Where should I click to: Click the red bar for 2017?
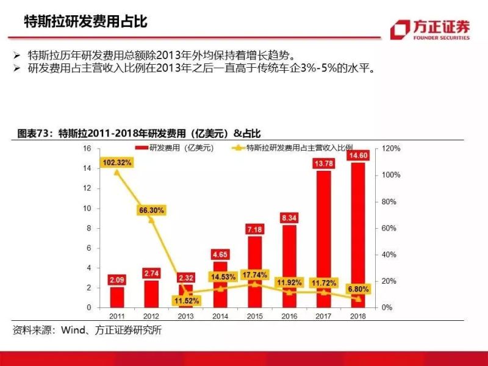tap(323, 238)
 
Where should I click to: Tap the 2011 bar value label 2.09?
tap(117, 280)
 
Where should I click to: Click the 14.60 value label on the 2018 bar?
tap(357, 156)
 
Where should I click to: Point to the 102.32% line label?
tap(117, 162)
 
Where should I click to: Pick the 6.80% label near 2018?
tap(358, 288)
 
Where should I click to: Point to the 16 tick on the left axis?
tap(87, 149)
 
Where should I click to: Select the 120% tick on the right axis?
tap(391, 149)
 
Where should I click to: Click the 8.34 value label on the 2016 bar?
tap(289, 218)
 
